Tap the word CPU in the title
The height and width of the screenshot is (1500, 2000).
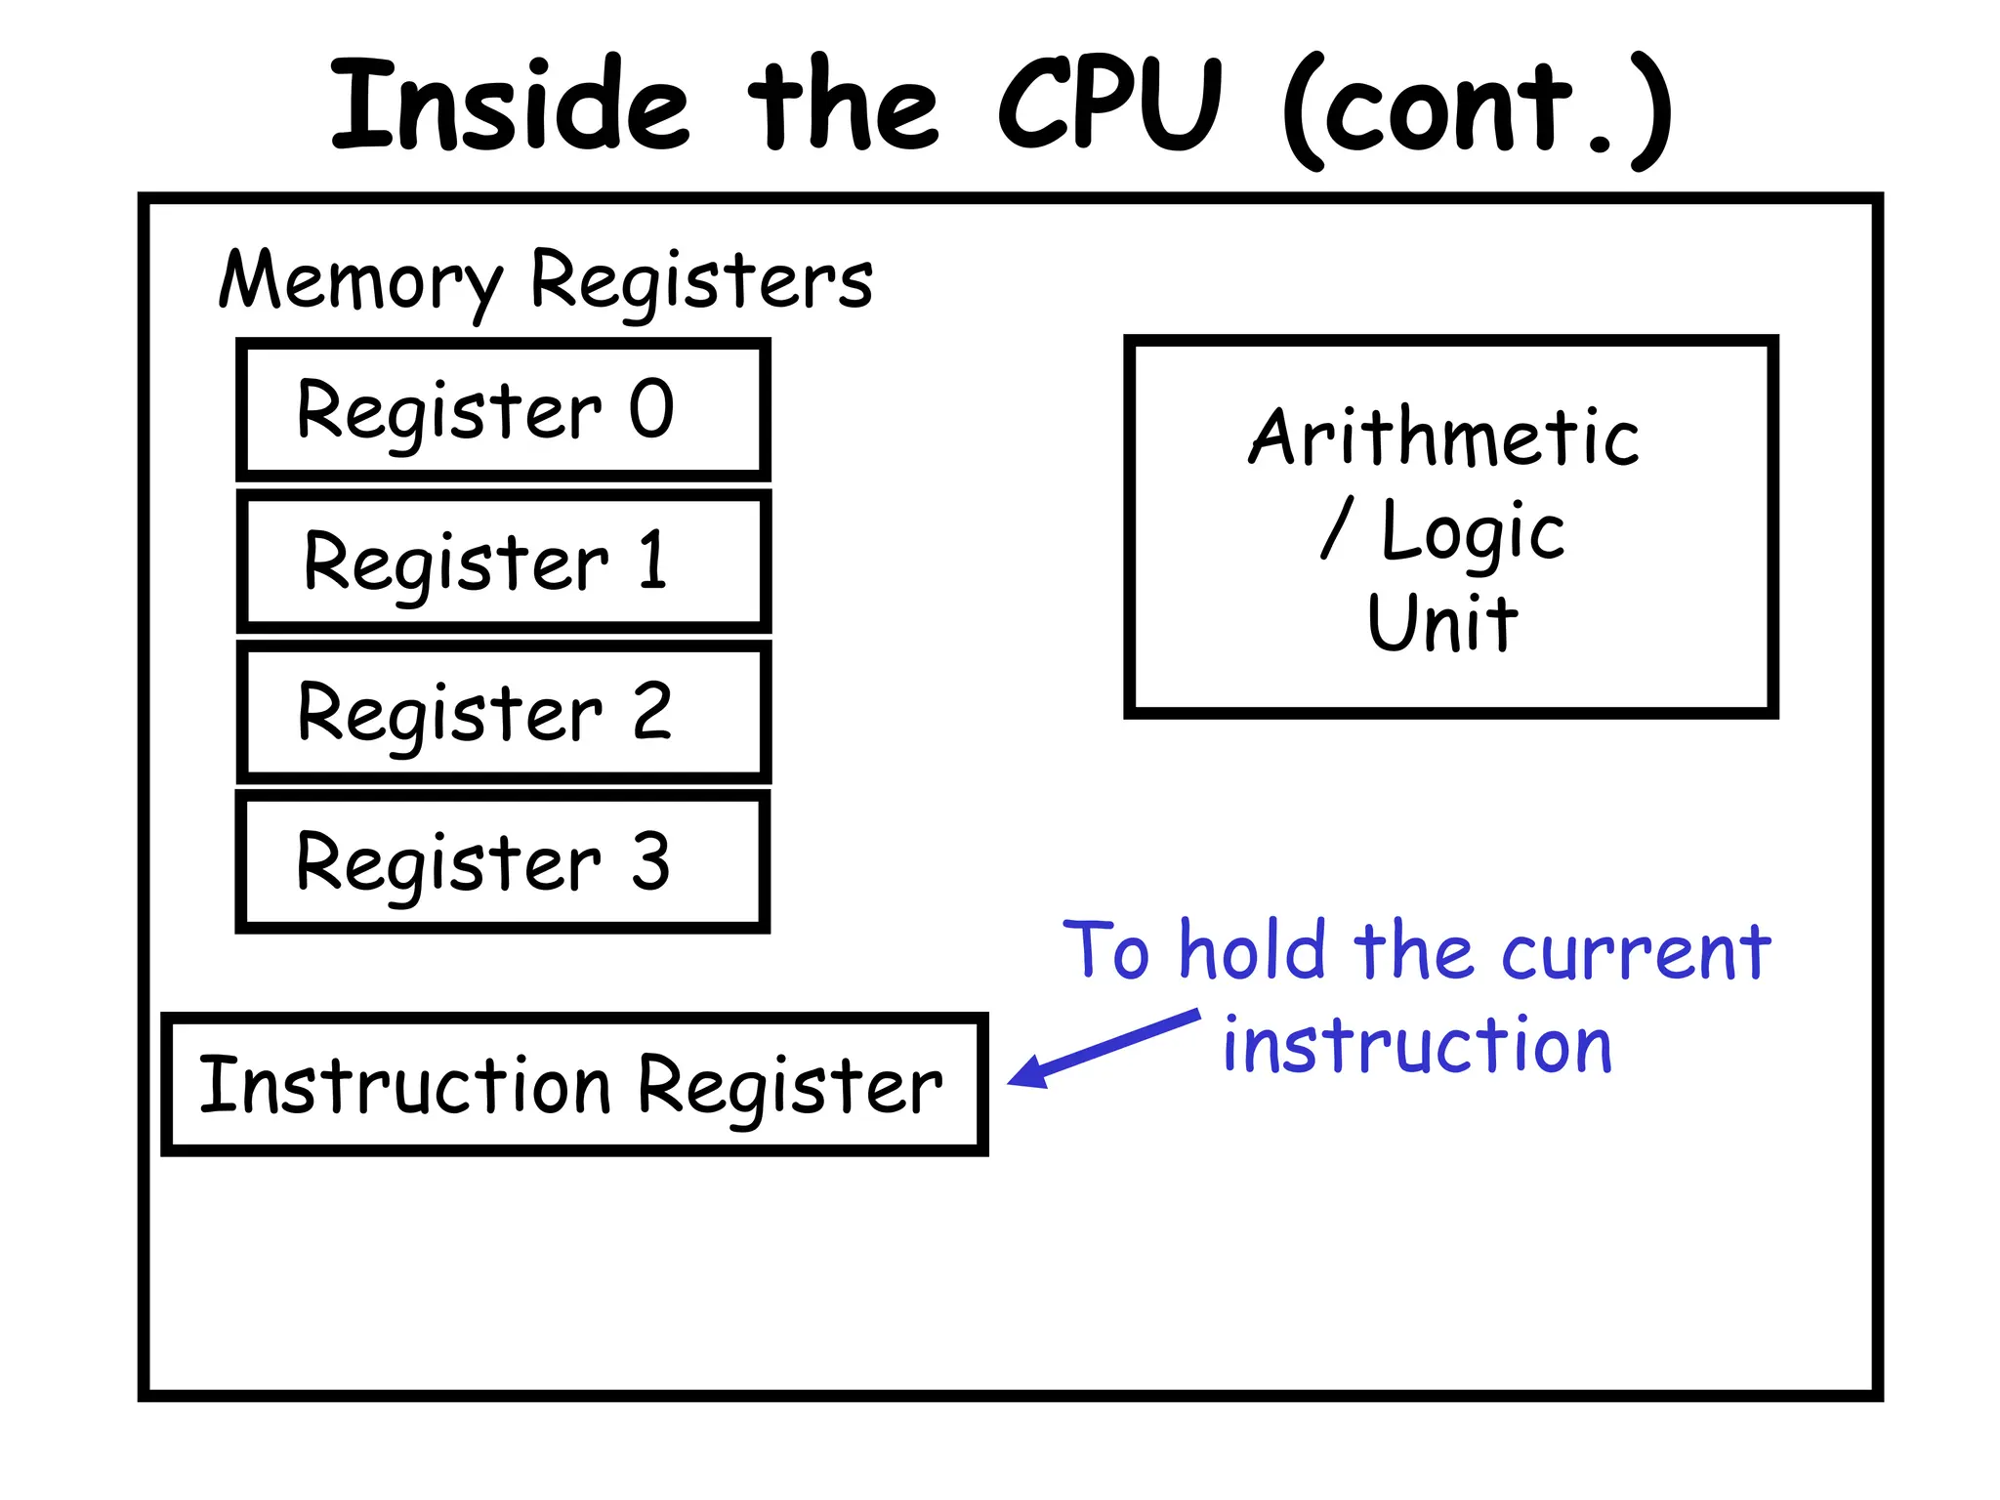pos(1109,105)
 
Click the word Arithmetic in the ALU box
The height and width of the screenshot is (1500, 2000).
pos(1443,437)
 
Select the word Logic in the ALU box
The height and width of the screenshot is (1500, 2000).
pos(1473,533)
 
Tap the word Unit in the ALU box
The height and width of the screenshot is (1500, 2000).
pos(1442,622)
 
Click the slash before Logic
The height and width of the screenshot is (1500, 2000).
pos(1337,527)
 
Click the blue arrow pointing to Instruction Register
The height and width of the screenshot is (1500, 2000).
pos(1104,1049)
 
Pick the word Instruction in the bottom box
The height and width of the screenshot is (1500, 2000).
pos(404,1086)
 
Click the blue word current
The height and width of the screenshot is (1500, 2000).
pos(1636,952)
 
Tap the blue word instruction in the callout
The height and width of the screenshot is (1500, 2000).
pos(1417,1045)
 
